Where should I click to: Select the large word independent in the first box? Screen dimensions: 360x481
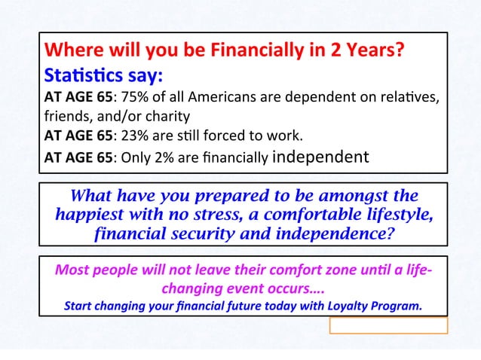tap(320, 157)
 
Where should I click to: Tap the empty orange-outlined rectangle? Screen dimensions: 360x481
tap(388, 325)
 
